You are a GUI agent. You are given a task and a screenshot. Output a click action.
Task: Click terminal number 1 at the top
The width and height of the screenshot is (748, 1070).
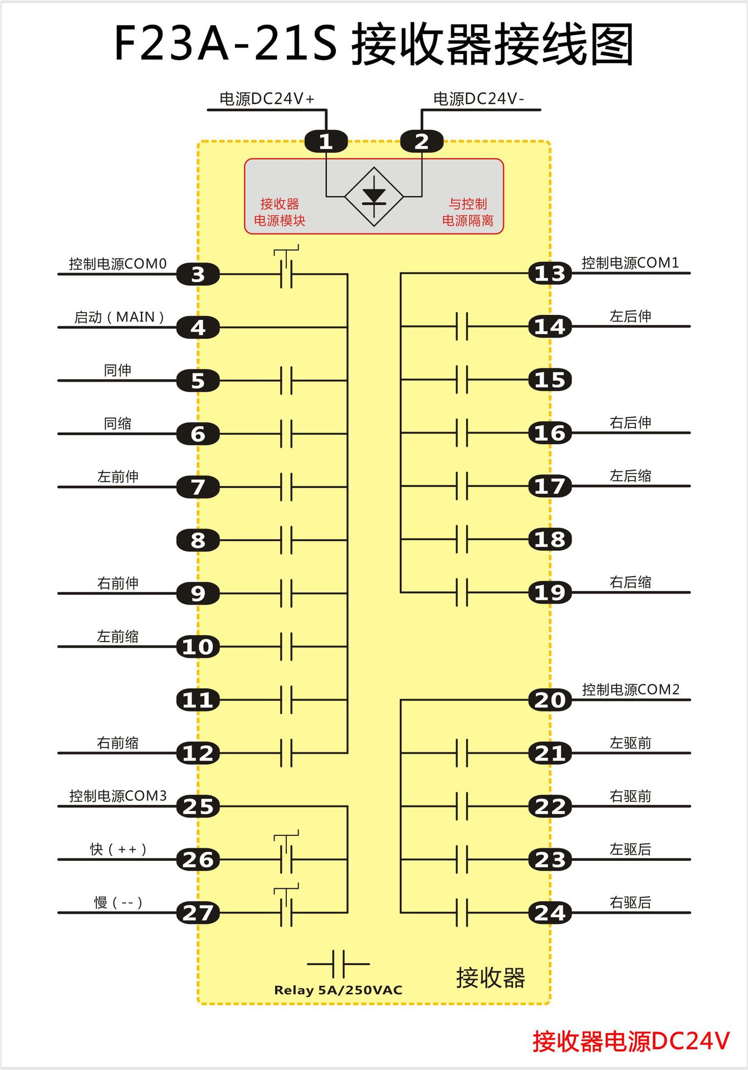click(x=326, y=142)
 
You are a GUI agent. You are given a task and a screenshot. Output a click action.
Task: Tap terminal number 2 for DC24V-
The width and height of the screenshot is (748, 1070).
click(x=422, y=142)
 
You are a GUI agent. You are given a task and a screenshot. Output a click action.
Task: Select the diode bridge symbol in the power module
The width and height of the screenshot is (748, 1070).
click(x=374, y=196)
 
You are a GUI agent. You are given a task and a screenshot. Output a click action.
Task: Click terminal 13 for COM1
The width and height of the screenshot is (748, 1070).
click(x=550, y=273)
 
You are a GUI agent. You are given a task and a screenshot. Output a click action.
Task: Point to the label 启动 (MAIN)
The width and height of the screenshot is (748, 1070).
click(x=119, y=317)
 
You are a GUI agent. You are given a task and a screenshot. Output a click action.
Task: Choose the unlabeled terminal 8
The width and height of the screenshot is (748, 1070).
click(x=198, y=540)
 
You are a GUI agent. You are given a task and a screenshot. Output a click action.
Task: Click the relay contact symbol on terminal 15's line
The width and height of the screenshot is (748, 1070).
click(x=462, y=380)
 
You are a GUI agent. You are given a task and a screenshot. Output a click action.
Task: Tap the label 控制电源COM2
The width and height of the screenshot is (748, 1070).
click(x=630, y=689)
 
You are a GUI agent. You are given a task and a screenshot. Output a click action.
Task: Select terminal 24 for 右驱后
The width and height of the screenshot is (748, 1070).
click(x=550, y=913)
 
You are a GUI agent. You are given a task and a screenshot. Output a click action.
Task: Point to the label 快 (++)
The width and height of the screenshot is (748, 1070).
click(x=118, y=849)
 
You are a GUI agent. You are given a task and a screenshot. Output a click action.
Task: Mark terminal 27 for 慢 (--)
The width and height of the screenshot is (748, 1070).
click(x=198, y=913)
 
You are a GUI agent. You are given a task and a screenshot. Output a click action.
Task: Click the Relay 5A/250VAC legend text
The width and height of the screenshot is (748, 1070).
click(x=338, y=990)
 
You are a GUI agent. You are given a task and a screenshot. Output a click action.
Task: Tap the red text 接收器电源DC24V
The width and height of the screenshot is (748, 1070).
click(x=630, y=1041)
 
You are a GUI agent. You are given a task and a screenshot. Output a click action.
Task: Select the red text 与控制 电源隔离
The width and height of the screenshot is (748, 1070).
click(x=468, y=212)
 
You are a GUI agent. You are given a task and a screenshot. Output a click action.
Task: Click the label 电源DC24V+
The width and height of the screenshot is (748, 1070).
click(x=267, y=99)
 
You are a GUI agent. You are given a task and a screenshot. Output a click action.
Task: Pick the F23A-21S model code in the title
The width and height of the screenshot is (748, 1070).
click(x=226, y=43)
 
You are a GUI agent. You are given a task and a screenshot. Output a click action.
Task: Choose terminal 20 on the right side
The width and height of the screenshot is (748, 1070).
click(x=550, y=700)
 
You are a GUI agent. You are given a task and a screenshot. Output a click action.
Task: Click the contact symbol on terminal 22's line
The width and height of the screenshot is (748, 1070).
click(x=462, y=806)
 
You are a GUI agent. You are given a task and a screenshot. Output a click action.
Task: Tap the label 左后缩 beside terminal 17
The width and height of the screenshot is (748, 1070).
click(x=630, y=476)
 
